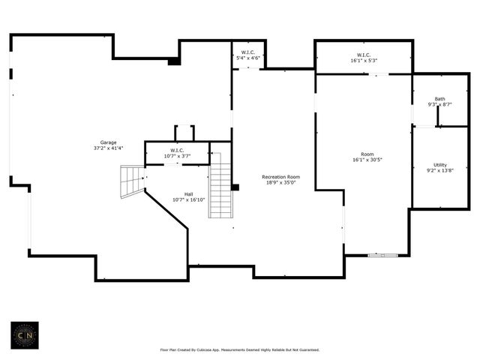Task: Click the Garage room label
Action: click(109, 142)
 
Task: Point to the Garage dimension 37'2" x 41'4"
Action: click(109, 148)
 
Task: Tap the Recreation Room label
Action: click(281, 177)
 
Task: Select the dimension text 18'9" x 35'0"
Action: click(281, 183)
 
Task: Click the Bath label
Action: click(439, 98)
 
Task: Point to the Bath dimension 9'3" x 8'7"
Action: click(439, 104)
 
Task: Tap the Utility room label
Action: click(439, 165)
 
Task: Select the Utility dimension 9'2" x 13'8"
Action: click(439, 171)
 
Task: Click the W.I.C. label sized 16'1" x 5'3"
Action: click(364, 55)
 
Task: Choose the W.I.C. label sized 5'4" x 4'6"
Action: click(248, 52)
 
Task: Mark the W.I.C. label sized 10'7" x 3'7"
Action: click(177, 150)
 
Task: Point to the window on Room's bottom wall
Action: click(382, 256)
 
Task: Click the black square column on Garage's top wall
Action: click(174, 61)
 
